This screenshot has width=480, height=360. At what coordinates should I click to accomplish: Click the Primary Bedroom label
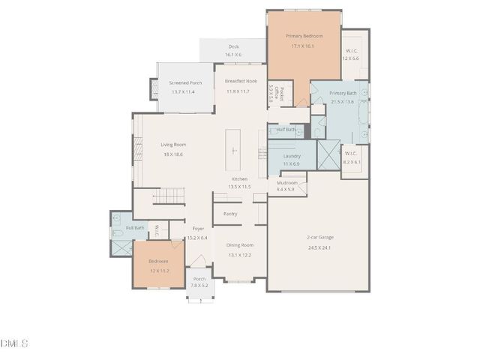tap(304, 36)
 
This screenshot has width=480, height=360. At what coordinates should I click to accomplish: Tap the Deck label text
tap(233, 46)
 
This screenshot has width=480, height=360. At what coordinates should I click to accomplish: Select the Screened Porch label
tap(185, 82)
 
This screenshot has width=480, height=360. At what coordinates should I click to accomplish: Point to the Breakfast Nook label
tap(241, 81)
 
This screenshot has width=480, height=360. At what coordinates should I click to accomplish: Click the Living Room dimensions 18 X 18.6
tap(173, 154)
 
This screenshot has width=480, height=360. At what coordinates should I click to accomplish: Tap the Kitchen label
tap(239, 178)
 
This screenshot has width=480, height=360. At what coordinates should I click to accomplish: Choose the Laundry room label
tap(292, 156)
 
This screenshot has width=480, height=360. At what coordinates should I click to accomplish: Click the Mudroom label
tap(287, 182)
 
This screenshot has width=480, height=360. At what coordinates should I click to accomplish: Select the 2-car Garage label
tap(319, 237)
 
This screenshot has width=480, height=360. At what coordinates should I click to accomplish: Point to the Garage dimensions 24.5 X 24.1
tap(319, 247)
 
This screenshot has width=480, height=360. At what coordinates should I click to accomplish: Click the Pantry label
tap(230, 214)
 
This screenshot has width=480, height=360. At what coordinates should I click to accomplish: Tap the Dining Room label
tap(241, 245)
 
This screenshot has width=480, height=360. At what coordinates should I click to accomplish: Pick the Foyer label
tap(198, 228)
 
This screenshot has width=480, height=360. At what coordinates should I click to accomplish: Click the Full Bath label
tap(135, 227)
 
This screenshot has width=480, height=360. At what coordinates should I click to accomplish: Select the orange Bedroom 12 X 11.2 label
tap(158, 261)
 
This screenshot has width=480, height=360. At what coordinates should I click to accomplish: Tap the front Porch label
tap(199, 278)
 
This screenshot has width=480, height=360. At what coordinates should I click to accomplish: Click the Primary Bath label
tap(343, 92)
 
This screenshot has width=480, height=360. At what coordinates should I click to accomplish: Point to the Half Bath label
tap(286, 129)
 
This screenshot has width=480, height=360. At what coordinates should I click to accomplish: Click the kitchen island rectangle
tap(235, 149)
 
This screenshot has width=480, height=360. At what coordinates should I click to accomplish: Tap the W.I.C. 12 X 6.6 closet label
tap(352, 51)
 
